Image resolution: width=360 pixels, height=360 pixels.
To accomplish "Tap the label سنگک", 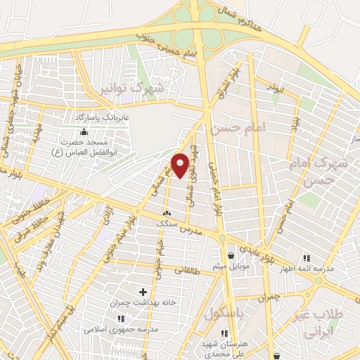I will [x=167, y=223].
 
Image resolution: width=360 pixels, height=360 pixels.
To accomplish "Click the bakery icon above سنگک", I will [x=167, y=214].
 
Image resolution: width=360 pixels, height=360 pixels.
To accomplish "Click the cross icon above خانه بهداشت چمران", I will [x=143, y=291].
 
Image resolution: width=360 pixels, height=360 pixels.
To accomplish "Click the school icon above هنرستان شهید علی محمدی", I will [x=224, y=333].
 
